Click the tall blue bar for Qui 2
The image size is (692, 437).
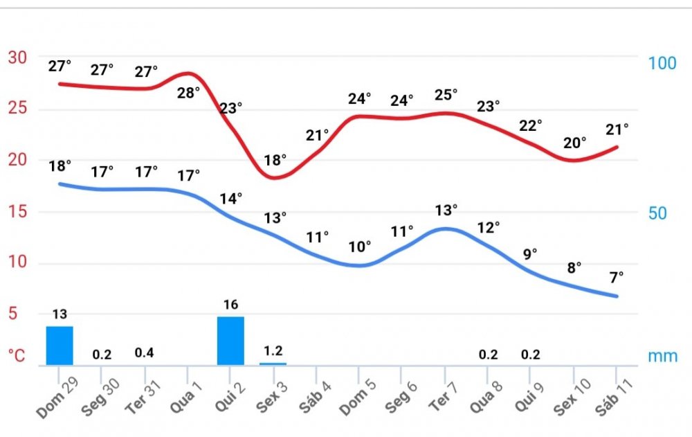pos(230,340)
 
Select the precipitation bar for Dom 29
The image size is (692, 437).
pos(60,345)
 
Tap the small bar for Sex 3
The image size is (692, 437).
pos(273,363)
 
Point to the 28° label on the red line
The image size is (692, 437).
pos(188,92)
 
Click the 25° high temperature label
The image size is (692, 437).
pos(446,95)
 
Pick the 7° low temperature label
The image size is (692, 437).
pos(616,276)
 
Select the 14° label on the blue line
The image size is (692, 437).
pos(231,199)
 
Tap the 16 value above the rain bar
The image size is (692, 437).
pos(231,305)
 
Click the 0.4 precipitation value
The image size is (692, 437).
pos(144,353)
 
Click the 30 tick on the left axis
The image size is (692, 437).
pos(17,57)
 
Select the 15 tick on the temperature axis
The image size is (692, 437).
pos(17,212)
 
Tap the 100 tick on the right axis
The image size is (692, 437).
pos(662,63)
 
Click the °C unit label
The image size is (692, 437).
pos(17,356)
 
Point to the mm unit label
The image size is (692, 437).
pos(663,357)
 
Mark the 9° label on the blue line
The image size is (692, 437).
pos(530,254)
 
